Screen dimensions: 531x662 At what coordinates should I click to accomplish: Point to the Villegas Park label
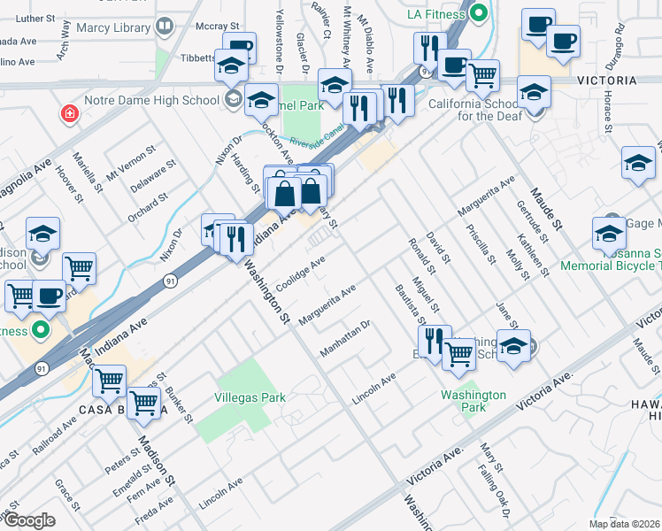tap(250, 397)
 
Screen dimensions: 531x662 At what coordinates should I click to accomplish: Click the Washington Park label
tap(474, 402)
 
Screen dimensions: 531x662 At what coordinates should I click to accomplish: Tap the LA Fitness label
tap(435, 14)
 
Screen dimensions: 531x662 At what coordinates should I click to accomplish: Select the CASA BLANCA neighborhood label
tap(124, 410)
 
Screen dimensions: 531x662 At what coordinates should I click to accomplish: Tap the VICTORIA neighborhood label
tap(606, 81)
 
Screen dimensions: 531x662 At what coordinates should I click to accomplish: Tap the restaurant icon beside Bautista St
tap(434, 341)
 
